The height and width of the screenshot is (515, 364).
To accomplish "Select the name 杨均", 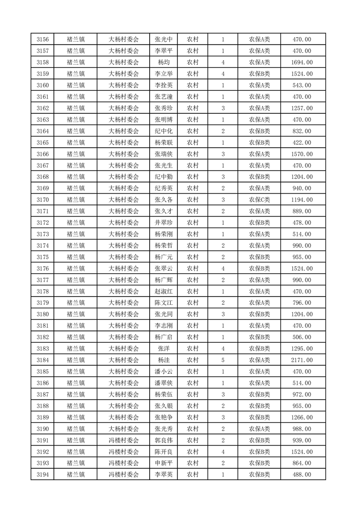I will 163,62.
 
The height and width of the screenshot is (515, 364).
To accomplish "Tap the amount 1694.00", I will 302,62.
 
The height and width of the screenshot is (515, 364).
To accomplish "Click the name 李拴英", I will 163,85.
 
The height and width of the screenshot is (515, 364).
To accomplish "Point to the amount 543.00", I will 302,85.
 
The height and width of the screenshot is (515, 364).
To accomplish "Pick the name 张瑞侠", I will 163,154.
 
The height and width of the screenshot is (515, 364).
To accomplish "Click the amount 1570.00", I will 302,154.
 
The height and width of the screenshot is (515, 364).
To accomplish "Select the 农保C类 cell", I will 259,200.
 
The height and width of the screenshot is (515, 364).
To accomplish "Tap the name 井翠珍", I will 163,223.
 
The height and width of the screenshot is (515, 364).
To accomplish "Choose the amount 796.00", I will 302,303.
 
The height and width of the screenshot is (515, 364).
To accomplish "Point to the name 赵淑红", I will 163,291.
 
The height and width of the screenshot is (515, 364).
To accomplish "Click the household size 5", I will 223,360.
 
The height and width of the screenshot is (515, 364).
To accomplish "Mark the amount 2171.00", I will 302,360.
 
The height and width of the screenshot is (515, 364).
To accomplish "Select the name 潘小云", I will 163,372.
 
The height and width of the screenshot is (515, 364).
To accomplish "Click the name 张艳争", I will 163,418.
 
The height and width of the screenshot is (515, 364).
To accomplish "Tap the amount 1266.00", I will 302,418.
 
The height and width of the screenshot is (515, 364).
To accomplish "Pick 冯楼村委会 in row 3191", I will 123,440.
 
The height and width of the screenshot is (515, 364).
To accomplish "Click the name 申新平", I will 163,463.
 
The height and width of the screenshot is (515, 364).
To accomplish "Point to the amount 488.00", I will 302,475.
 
